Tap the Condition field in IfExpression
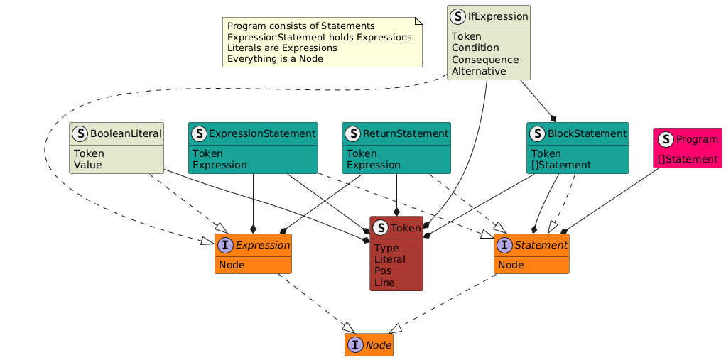475,48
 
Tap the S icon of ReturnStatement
352,133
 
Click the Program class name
695,139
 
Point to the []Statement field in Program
688,158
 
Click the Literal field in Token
390,259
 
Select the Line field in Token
384,282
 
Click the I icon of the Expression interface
226,246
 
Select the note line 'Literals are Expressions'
282,48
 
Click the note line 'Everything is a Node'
275,58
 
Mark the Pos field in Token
384,271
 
